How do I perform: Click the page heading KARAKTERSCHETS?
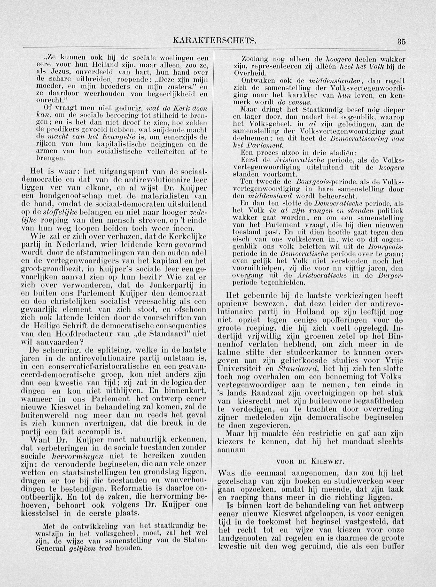point(214,41)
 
